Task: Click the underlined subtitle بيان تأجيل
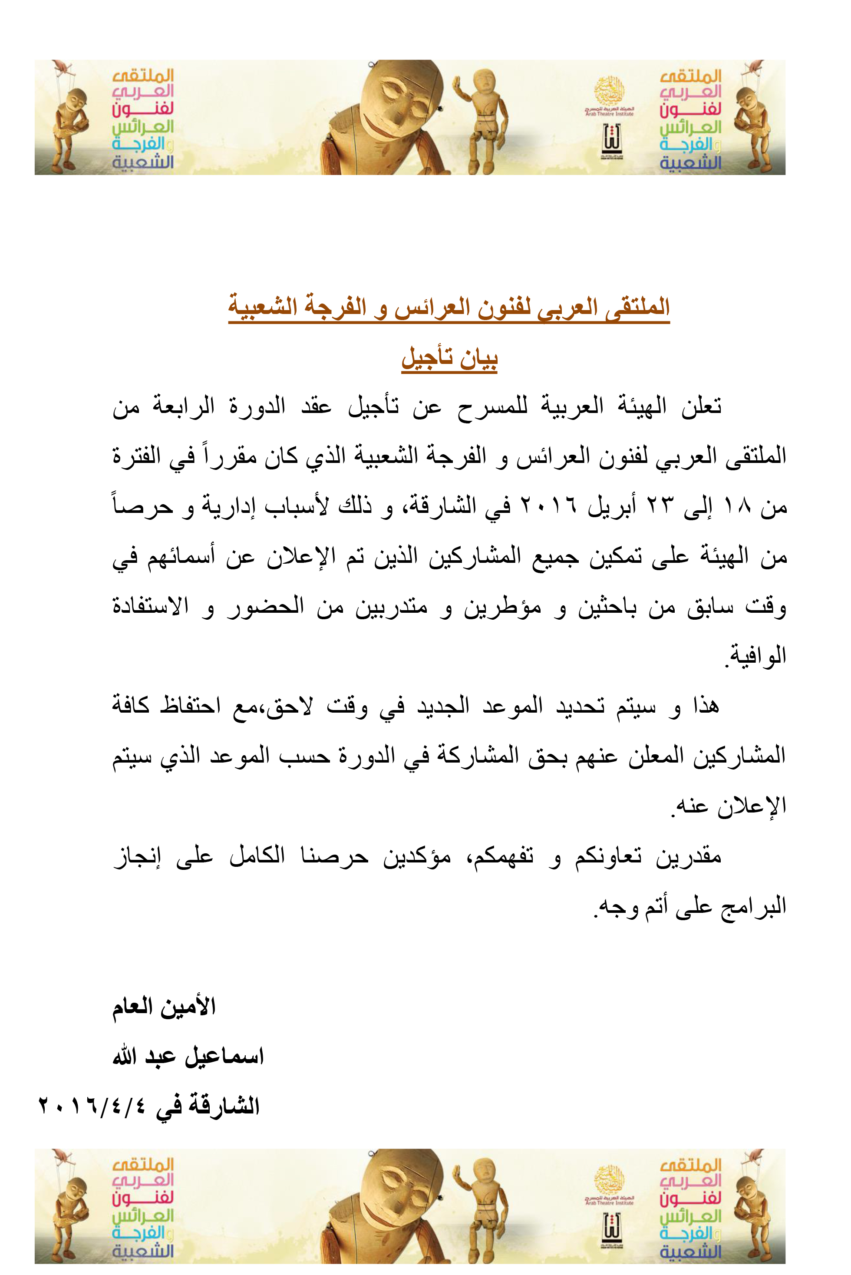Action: pyautogui.click(x=449, y=358)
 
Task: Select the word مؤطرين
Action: pyautogui.click(x=502, y=607)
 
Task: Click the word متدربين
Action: pyautogui.click(x=391, y=607)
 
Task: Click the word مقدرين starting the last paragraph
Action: pyautogui.click(x=688, y=856)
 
